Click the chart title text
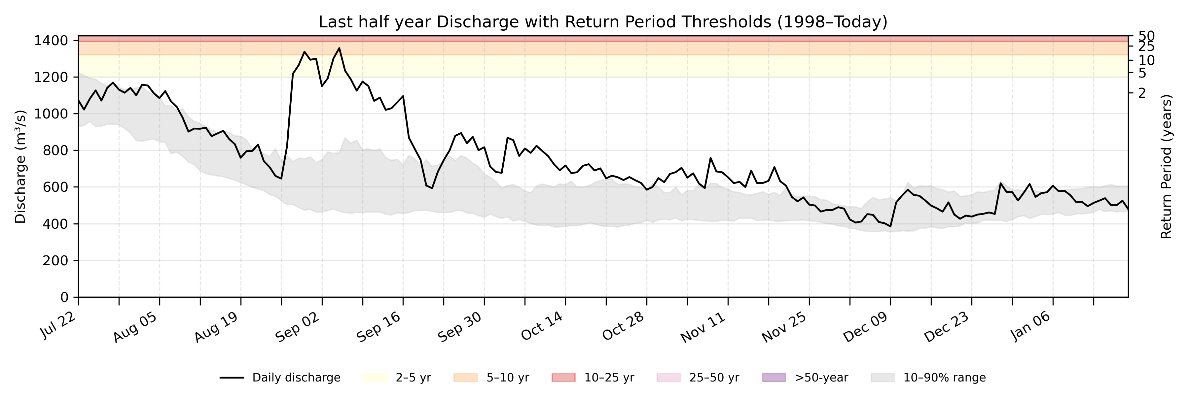(603, 22)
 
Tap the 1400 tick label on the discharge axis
(51, 41)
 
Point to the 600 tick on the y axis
(57, 187)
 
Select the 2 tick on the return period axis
(1142, 93)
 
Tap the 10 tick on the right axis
(1146, 60)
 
